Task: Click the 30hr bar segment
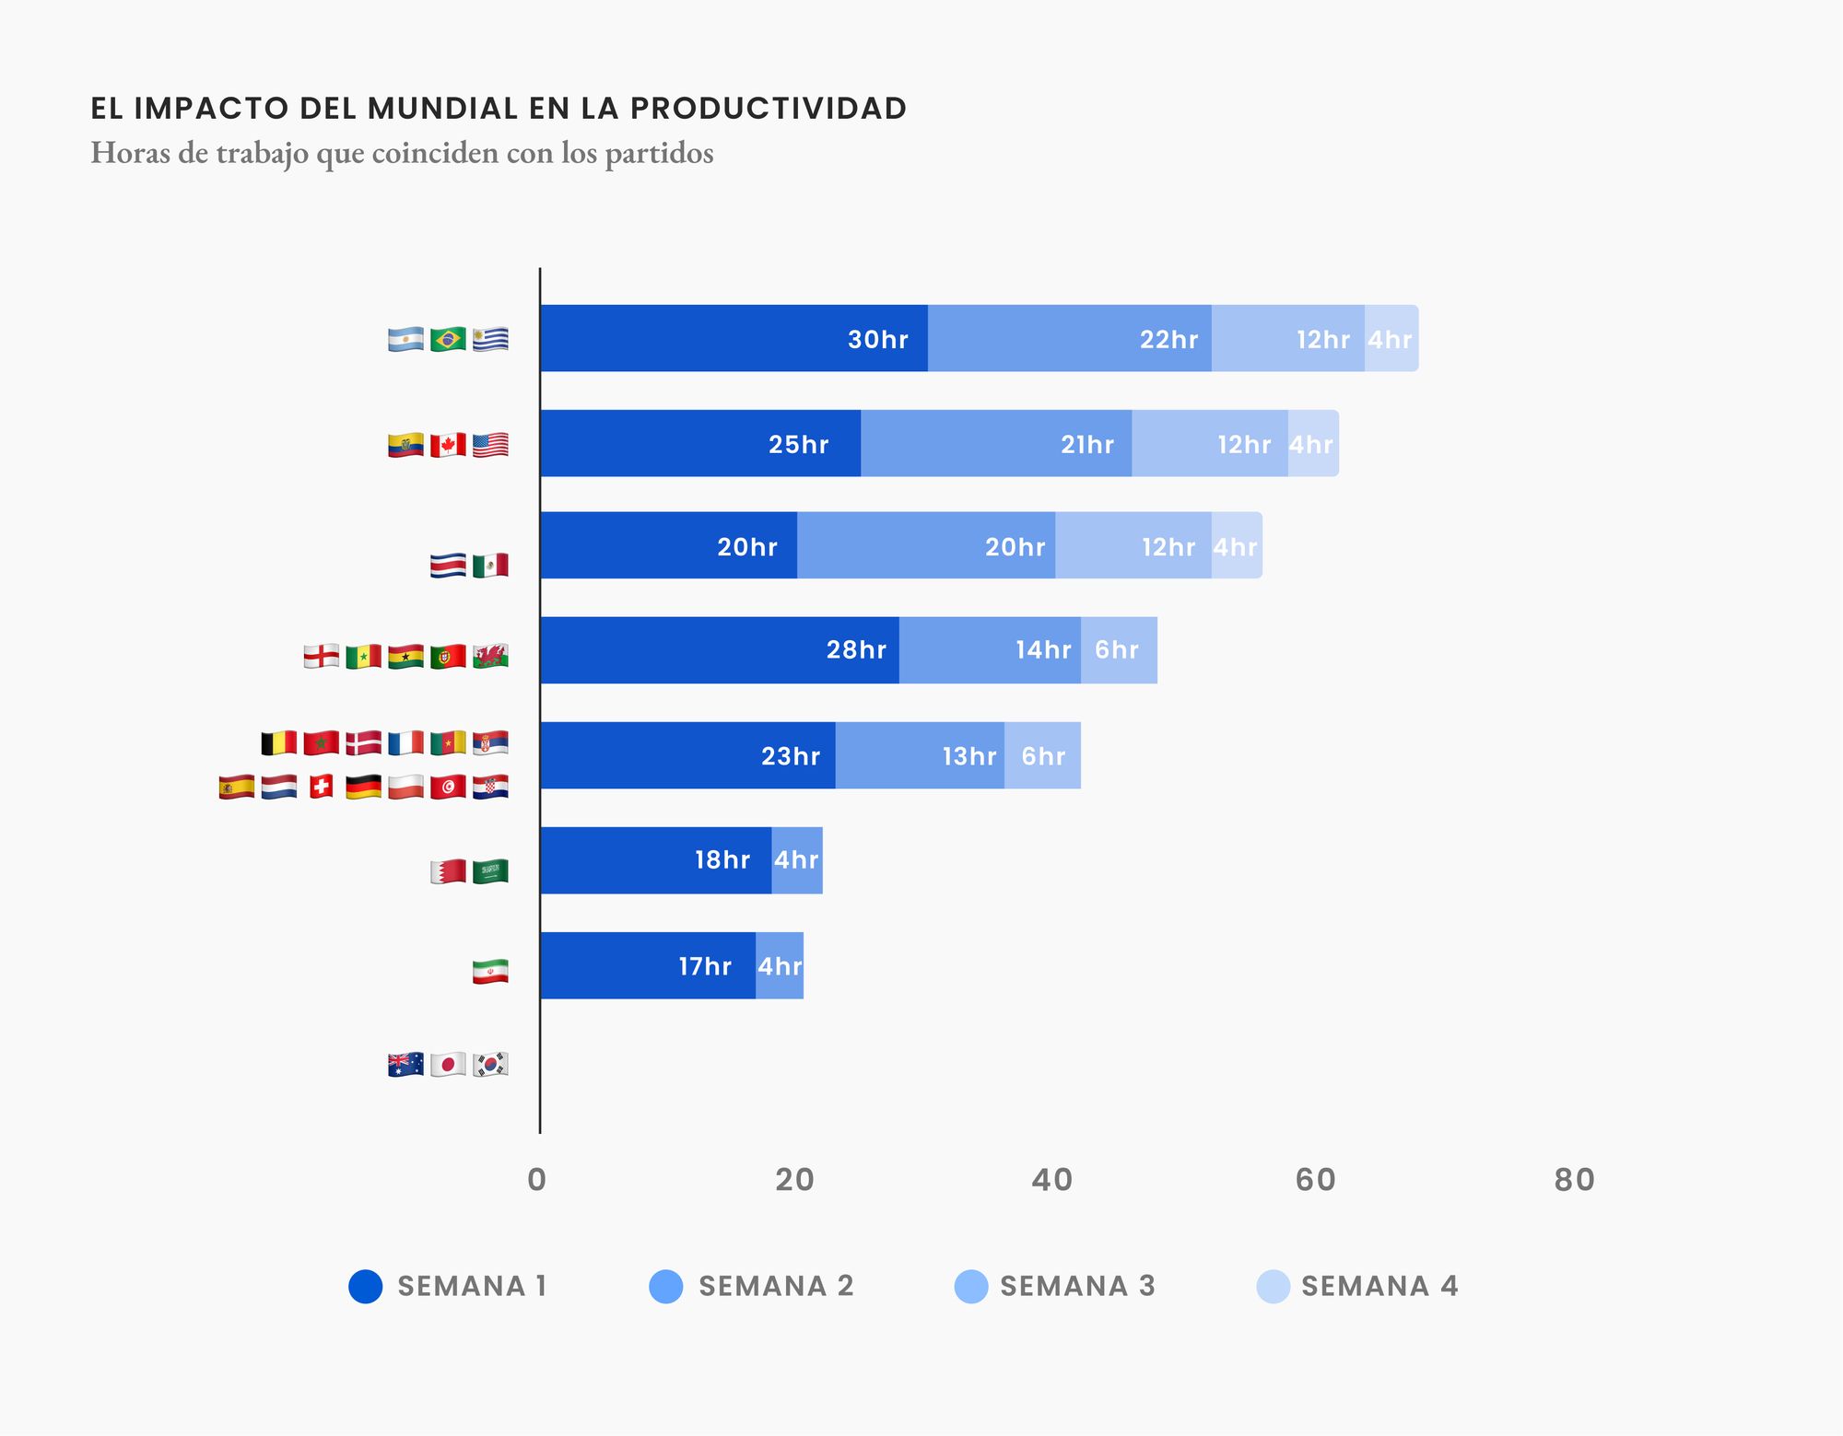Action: (x=734, y=338)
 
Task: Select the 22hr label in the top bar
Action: (x=1168, y=340)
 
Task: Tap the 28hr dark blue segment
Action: (x=719, y=650)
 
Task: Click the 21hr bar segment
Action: (x=995, y=444)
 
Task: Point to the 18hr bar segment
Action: (x=655, y=860)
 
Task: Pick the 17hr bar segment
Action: (x=647, y=965)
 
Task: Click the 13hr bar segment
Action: (x=920, y=755)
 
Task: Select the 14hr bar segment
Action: (x=989, y=650)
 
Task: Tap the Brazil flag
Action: (x=448, y=340)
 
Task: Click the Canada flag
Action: (x=448, y=445)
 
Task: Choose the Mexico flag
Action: (x=490, y=566)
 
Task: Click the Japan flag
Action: (x=448, y=1065)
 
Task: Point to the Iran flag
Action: (x=490, y=972)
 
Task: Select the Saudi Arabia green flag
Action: (x=490, y=871)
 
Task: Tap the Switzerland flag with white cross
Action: (x=321, y=787)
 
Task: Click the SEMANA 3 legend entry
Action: (x=1056, y=1286)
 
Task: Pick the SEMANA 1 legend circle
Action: (x=366, y=1286)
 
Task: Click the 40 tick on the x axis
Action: (x=1051, y=1180)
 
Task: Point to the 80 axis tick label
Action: (x=1574, y=1180)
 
